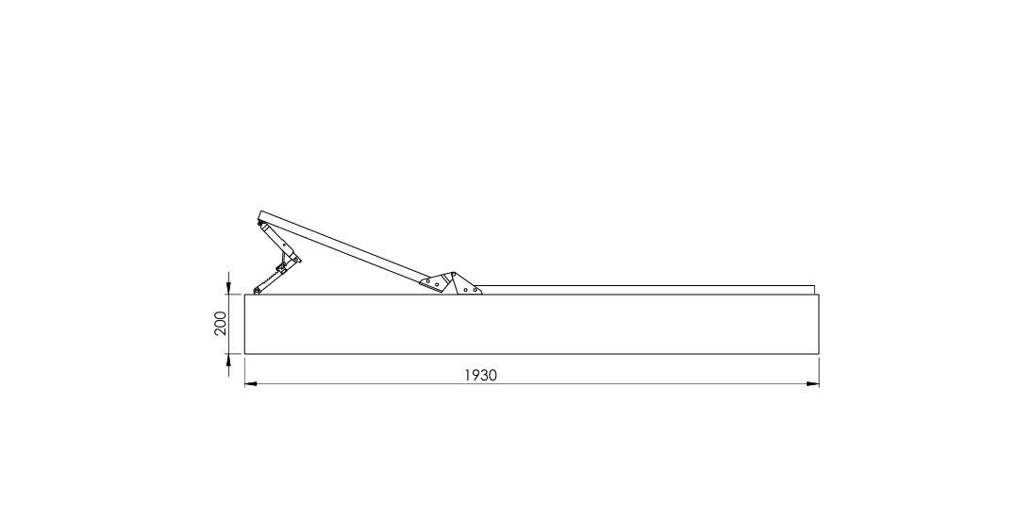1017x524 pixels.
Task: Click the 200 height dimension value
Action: tap(221, 323)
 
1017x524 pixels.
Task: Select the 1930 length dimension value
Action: tap(480, 376)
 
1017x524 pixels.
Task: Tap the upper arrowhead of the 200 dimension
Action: tap(228, 288)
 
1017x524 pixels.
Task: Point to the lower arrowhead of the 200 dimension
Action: tap(228, 361)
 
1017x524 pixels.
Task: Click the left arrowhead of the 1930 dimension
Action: tap(251, 383)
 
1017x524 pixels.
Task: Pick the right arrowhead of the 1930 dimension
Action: tap(812, 383)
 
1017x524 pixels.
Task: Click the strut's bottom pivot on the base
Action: tap(257, 290)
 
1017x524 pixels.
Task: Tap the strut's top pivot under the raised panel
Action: tap(261, 226)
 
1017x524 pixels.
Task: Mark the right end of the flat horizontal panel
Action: tap(814, 290)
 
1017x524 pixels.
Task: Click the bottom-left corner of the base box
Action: tap(244, 354)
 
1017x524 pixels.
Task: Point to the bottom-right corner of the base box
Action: tap(819, 354)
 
